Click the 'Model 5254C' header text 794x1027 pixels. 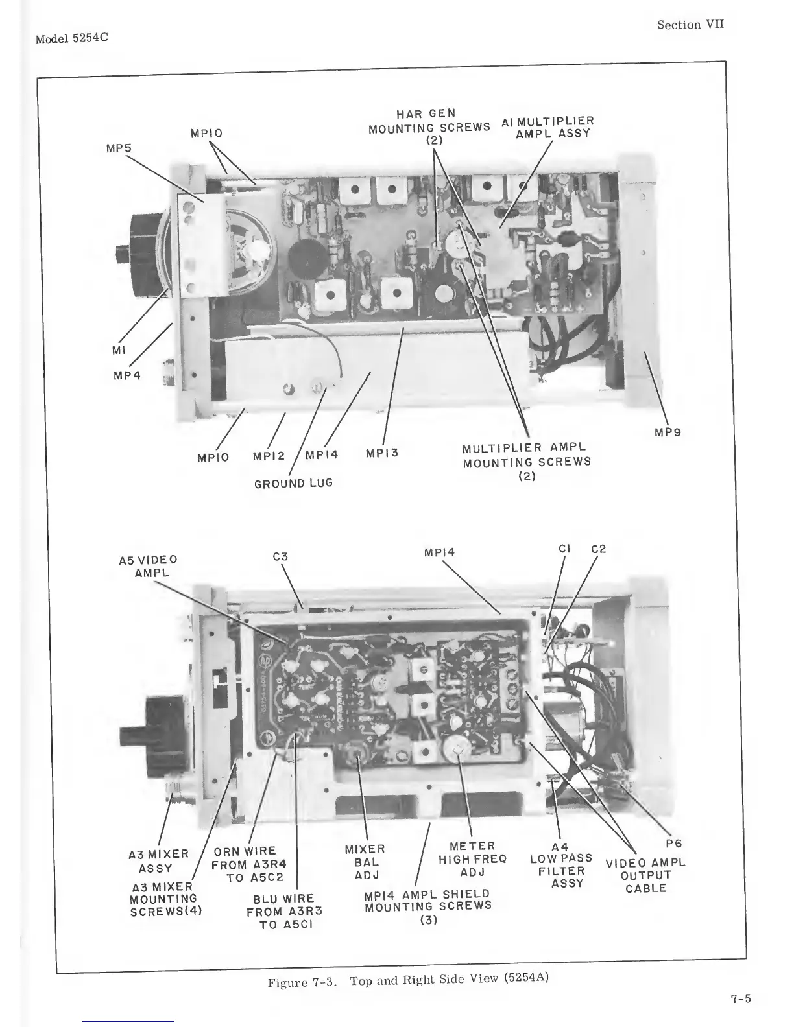click(71, 38)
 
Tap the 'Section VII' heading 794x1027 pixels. click(690, 25)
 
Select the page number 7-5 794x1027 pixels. click(740, 998)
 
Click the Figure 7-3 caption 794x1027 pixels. click(409, 980)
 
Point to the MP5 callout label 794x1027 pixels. click(119, 148)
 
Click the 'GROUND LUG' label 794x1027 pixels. click(293, 483)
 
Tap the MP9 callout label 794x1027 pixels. click(668, 432)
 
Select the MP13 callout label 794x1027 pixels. click(382, 453)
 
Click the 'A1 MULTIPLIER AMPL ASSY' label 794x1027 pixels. click(548, 127)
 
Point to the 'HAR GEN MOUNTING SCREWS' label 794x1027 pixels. click(429, 126)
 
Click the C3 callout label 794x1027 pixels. click(280, 556)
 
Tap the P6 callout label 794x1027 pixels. click(674, 844)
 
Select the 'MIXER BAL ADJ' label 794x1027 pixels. click(365, 862)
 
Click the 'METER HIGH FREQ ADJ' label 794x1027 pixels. click(472, 859)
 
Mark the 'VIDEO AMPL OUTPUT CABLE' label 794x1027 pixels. click(645, 875)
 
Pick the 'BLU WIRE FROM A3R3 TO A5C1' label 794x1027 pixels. click(284, 911)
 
